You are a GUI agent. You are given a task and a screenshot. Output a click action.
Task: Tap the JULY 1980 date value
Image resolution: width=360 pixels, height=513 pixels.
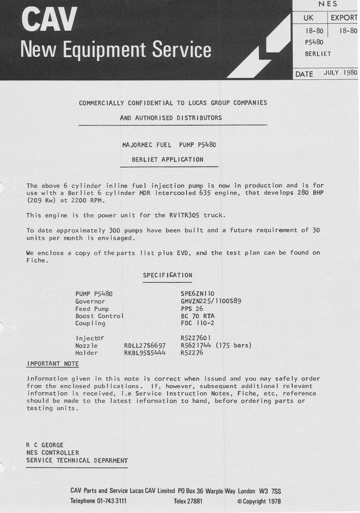[340, 73]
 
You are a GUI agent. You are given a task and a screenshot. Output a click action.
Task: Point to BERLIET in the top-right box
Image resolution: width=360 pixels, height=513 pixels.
[318, 53]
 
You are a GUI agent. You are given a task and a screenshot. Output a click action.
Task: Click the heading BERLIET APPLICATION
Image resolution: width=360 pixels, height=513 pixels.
[167, 160]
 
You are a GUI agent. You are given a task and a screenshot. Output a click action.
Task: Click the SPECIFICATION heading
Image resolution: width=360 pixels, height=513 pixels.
[167, 275]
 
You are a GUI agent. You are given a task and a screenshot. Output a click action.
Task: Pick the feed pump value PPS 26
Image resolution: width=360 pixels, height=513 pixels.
[192, 308]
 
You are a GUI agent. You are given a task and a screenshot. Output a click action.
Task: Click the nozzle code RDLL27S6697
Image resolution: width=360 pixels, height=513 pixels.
[145, 346]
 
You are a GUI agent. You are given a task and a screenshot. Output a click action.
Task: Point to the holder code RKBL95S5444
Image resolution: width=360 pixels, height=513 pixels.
[145, 353]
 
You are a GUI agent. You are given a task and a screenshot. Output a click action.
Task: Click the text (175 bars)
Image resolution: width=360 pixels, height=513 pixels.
[233, 346]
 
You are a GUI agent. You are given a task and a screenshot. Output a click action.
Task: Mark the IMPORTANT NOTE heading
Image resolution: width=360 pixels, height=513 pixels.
[52, 364]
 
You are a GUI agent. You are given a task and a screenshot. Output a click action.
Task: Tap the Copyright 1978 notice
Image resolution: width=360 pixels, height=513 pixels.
[259, 500]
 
